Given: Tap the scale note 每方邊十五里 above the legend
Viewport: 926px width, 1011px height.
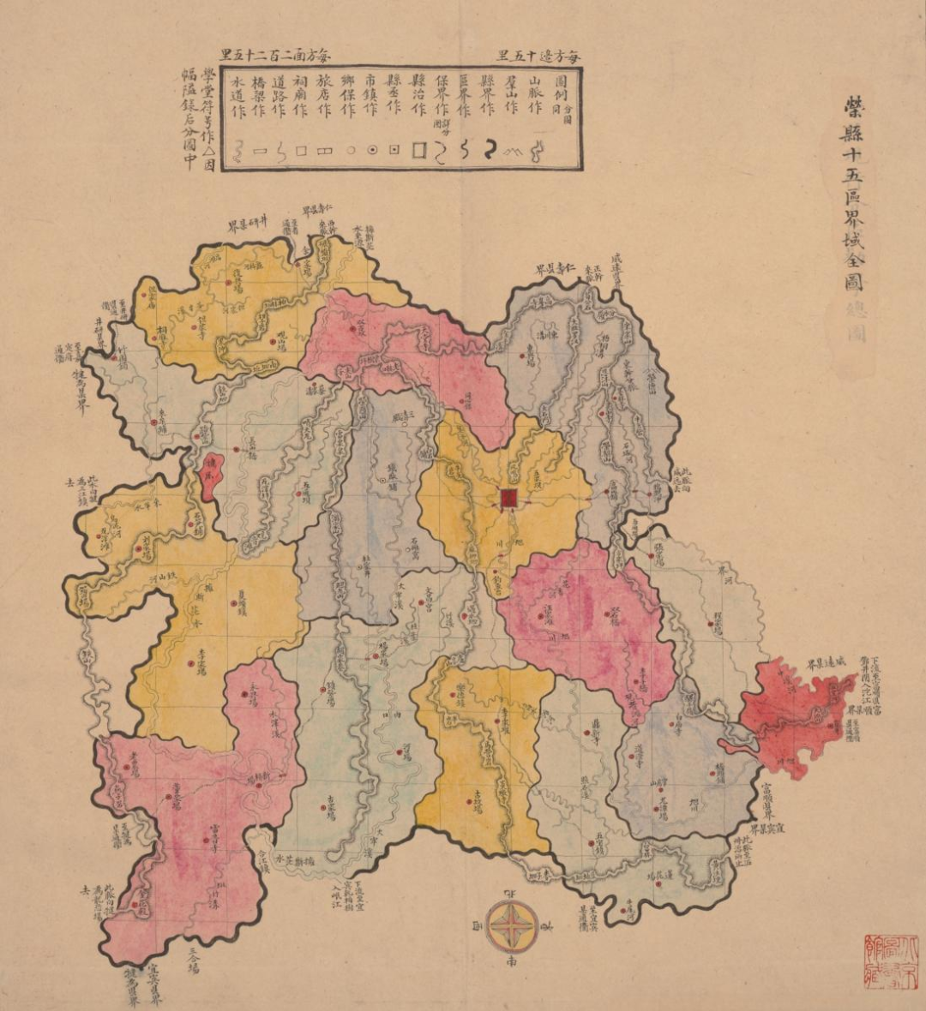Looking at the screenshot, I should pos(538,57).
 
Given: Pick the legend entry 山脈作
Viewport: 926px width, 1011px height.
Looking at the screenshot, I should pos(538,98).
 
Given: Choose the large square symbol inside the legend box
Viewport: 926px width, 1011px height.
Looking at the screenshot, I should pos(420,151).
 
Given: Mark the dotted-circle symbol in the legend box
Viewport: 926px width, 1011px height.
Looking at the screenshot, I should pos(372,150).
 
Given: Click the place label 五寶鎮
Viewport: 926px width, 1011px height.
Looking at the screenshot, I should pos(600,835).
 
